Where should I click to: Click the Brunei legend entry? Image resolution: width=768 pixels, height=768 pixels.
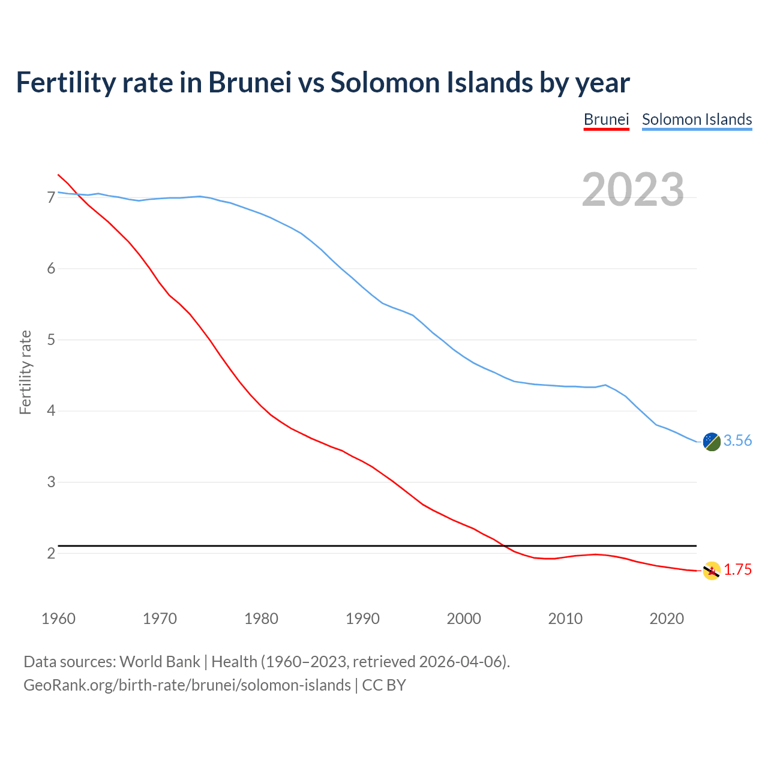click(x=606, y=119)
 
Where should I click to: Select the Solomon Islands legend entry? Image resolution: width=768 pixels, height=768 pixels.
click(x=697, y=119)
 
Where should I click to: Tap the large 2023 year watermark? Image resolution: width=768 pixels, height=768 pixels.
click(x=633, y=190)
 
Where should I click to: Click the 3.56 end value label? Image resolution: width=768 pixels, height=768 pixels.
click(x=737, y=441)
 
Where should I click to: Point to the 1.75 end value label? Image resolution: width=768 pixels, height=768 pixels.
click(x=737, y=570)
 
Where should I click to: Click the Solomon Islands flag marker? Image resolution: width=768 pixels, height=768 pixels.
click(x=712, y=442)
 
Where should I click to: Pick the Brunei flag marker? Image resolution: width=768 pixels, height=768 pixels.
click(x=712, y=571)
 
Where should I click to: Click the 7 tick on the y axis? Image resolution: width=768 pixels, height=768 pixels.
click(x=51, y=197)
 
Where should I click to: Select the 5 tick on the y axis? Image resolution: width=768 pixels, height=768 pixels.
click(x=51, y=340)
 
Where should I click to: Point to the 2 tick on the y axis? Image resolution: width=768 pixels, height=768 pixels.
click(x=51, y=553)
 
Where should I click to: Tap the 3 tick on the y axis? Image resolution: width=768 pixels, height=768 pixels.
click(x=51, y=482)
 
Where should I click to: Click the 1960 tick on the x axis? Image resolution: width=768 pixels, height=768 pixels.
click(x=58, y=619)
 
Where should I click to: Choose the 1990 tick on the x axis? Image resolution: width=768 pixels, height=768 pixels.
click(x=362, y=619)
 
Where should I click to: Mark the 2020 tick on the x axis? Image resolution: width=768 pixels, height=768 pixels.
click(x=667, y=619)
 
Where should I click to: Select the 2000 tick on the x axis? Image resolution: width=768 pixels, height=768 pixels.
click(x=464, y=619)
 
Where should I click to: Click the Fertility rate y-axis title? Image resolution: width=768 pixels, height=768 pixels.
click(x=25, y=372)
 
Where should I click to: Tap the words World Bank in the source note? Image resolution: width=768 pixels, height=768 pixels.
click(x=160, y=662)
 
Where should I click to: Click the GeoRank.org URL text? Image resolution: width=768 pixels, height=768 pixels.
click(x=187, y=685)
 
